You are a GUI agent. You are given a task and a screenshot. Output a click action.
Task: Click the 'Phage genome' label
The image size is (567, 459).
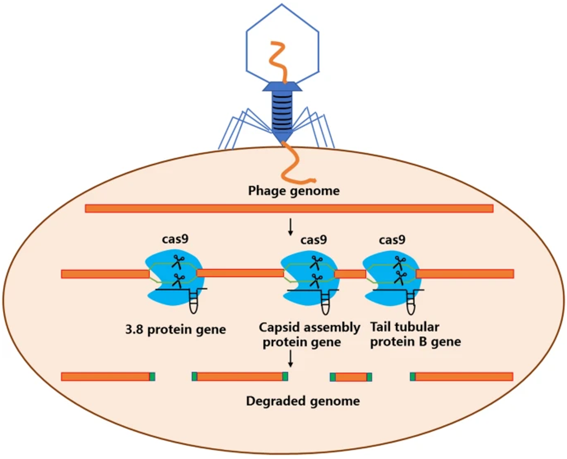pos(294,191)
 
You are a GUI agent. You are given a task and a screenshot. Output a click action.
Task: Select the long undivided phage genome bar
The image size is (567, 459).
pos(289,209)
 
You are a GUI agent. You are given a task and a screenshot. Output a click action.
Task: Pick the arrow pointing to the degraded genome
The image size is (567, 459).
pos(291,358)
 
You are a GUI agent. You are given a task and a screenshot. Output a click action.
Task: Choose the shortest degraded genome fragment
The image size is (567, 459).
pos(351,377)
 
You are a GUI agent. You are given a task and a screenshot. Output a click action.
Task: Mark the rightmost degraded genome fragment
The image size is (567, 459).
pos(461,376)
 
